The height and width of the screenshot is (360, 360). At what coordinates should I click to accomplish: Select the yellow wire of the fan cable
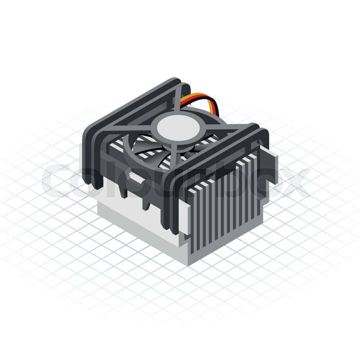point(202,98)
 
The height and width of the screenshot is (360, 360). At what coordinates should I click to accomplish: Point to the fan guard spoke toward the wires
point(179,99)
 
